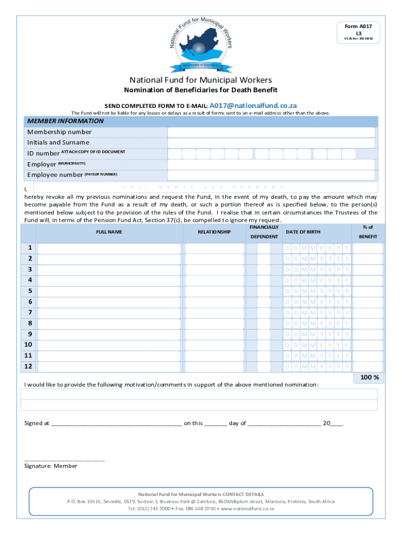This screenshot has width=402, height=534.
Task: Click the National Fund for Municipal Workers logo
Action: (x=201, y=44)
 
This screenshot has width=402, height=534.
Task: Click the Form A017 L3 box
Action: (x=358, y=32)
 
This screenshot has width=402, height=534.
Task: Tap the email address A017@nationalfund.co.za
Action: (x=253, y=105)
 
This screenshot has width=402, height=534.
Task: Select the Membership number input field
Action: (x=271, y=132)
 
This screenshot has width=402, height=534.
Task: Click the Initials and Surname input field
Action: (x=271, y=143)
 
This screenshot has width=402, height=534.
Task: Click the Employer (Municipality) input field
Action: (x=271, y=164)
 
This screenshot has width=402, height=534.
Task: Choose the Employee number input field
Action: (x=271, y=175)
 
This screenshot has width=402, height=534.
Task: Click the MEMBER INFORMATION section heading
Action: (x=65, y=121)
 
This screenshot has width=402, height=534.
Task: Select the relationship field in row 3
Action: (x=214, y=270)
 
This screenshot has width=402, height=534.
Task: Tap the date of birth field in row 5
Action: (x=317, y=291)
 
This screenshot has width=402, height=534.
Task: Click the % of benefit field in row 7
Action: (x=367, y=312)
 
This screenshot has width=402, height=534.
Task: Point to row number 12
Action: (x=30, y=367)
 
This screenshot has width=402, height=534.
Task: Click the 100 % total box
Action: (x=369, y=378)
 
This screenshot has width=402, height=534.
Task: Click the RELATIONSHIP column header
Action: (x=214, y=232)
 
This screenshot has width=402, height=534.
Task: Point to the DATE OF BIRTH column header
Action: (x=303, y=232)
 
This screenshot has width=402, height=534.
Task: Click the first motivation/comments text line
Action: (x=199, y=394)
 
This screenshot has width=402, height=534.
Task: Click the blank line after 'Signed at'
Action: (x=116, y=423)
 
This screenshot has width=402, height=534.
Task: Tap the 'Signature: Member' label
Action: (x=51, y=466)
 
